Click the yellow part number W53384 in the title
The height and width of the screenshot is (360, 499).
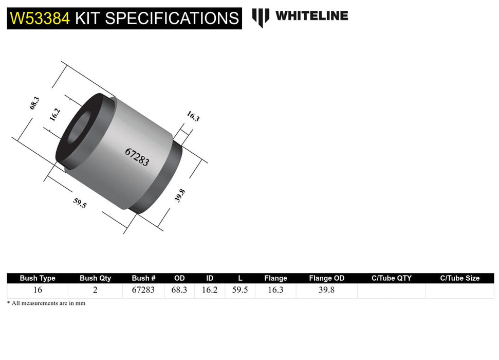point(40,19)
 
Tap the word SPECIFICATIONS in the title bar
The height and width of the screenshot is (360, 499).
point(172,19)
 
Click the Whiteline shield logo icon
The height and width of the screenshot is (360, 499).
point(261,17)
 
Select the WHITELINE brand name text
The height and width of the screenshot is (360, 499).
point(311,16)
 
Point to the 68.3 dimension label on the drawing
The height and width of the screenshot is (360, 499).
point(34,104)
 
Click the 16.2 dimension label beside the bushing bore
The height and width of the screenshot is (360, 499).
point(55,114)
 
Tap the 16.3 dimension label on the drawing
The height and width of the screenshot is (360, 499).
point(193,117)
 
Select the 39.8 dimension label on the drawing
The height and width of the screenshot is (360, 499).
point(180,195)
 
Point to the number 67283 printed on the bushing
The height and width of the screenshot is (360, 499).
point(137,156)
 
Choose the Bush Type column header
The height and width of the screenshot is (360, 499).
point(38,278)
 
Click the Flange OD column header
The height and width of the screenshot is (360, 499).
point(327,278)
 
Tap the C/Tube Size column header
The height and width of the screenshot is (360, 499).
point(459,278)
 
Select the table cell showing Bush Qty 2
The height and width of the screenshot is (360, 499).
point(95,290)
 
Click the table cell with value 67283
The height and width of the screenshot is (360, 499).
point(143,290)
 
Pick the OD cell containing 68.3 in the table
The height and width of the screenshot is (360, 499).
point(178,290)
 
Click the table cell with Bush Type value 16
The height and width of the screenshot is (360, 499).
point(38,290)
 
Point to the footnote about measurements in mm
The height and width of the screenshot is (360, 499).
point(46,303)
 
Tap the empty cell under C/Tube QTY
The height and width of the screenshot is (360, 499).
point(391,290)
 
